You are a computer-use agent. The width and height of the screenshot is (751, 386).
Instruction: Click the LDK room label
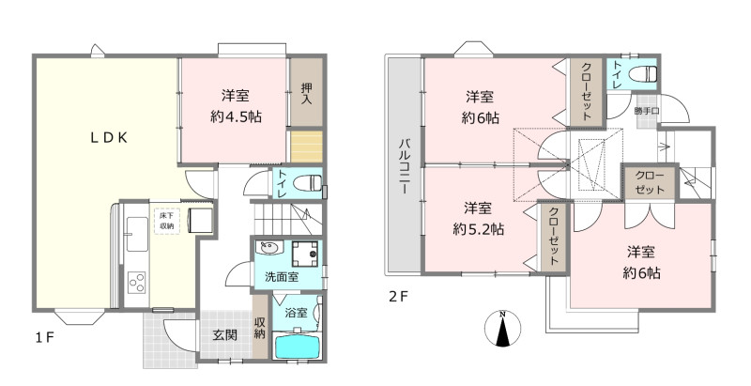[109, 138]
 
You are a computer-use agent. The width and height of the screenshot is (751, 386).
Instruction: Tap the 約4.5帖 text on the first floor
[237, 116]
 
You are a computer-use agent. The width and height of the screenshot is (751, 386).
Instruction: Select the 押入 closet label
[307, 94]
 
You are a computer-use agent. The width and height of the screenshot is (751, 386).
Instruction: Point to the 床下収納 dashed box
[167, 221]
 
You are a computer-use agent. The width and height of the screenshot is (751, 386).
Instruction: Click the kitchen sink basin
[136, 234]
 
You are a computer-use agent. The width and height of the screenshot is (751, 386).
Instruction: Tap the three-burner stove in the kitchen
[136, 282]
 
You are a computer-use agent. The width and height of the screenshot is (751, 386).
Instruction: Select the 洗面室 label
[283, 276]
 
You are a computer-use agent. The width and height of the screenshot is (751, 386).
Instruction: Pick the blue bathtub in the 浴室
[297, 347]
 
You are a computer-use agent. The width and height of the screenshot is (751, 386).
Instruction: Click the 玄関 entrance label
[225, 334]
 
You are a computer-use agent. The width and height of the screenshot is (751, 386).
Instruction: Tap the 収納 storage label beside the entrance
[260, 328]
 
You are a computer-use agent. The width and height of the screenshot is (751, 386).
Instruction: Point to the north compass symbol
[502, 328]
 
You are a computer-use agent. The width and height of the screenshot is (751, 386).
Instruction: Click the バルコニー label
[405, 166]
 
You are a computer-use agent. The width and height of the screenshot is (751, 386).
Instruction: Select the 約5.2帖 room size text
[479, 229]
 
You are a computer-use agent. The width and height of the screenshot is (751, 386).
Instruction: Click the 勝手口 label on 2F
[647, 111]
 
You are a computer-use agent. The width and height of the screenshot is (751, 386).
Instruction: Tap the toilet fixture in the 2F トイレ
[642, 75]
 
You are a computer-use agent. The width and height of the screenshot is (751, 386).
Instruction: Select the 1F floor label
[44, 338]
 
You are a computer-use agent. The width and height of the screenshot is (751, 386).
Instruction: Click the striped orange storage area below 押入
[307, 146]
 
